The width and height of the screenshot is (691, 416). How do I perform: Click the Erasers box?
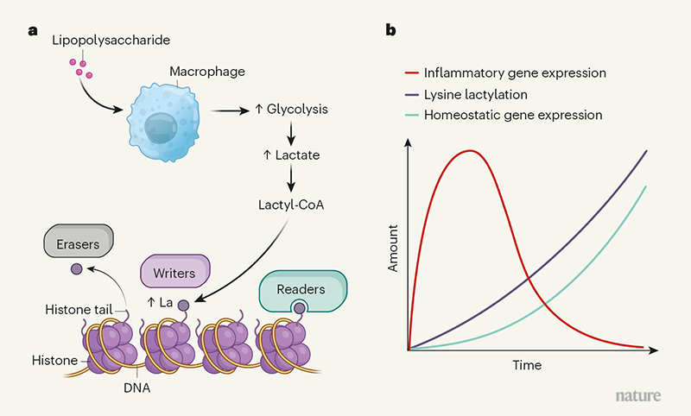84,244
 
